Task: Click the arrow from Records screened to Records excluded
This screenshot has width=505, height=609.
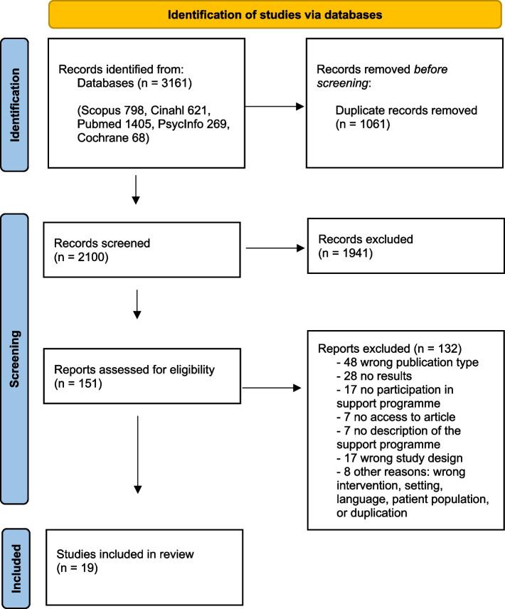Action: pyautogui.click(x=274, y=249)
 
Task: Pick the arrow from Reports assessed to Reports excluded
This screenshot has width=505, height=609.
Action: pyautogui.click(x=274, y=388)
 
